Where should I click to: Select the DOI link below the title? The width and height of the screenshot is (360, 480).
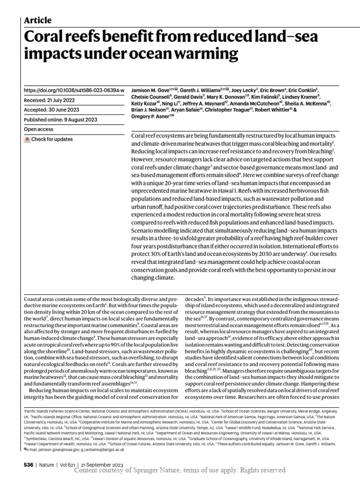click(74, 90)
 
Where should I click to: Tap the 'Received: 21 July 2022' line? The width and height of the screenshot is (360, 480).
click(52, 100)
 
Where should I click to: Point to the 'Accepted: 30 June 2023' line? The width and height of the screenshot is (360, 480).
click(52, 110)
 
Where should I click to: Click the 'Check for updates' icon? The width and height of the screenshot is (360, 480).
click(28, 139)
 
